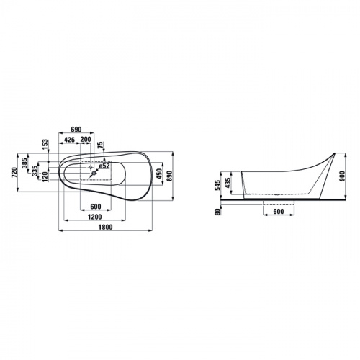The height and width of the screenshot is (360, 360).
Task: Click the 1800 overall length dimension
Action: click(105, 227)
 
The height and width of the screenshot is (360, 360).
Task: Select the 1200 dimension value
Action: click(95, 217)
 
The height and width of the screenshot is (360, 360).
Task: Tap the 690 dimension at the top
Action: click(76, 130)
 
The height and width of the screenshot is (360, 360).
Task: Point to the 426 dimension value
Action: click(70, 140)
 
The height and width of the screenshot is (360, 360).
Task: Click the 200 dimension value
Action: click(86, 140)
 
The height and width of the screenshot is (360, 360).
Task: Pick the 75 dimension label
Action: click(100, 145)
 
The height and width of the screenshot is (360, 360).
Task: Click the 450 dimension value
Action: click(158, 174)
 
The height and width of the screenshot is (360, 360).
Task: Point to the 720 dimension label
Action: click(14, 173)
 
